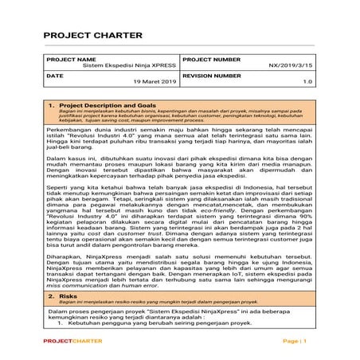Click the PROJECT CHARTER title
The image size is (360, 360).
92,36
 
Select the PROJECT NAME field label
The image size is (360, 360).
70,59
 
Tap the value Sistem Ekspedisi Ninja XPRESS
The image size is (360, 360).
131,66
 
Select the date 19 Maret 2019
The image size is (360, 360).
155,81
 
